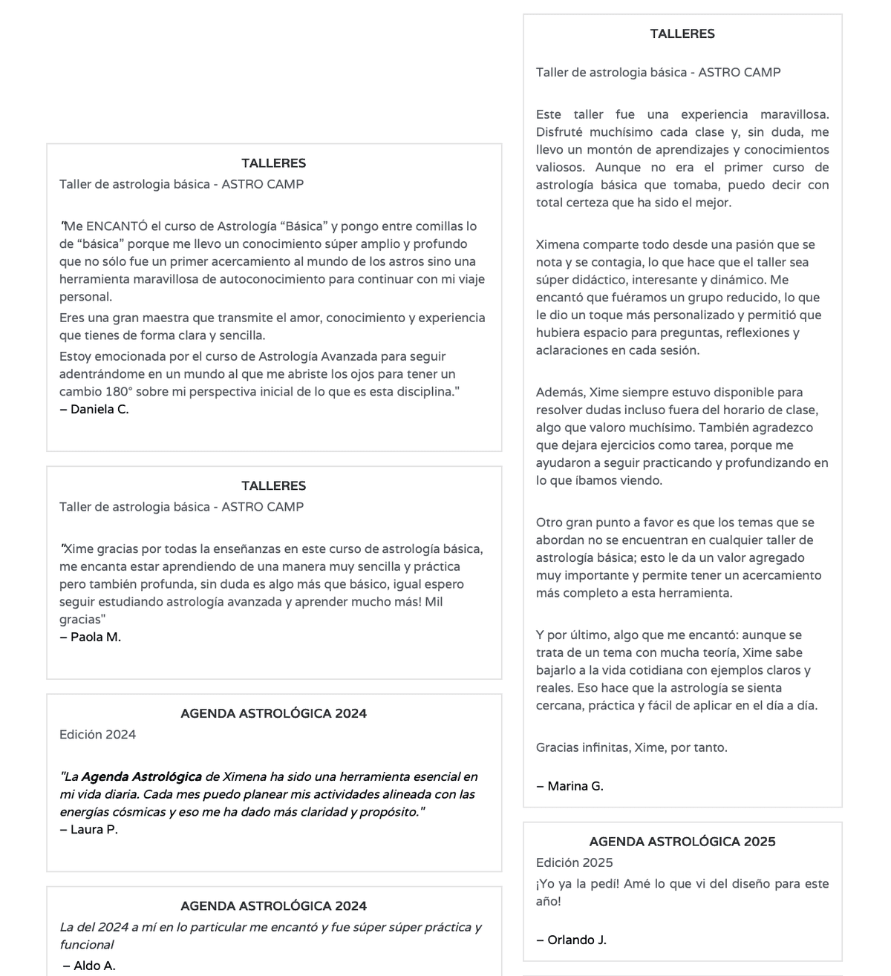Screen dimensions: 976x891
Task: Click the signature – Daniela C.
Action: point(94,409)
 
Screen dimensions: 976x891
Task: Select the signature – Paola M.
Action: point(91,637)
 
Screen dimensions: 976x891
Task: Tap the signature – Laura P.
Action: point(89,829)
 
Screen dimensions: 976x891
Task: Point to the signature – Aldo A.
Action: point(89,966)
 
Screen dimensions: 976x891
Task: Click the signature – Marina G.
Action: point(569,786)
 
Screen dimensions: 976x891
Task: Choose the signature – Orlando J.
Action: point(571,940)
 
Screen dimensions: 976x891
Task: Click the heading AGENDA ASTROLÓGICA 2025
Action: point(682,842)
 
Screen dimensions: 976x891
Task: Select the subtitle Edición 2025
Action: point(575,862)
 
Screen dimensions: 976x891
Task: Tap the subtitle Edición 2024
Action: point(98,735)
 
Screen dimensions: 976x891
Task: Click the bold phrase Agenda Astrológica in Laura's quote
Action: point(141,777)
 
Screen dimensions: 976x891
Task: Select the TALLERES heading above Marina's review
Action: point(682,33)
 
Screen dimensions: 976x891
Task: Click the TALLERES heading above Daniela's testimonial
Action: point(273,163)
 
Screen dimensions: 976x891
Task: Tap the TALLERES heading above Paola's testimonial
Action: point(273,486)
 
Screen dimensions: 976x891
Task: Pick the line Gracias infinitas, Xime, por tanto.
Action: point(632,747)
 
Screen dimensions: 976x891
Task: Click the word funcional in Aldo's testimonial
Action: point(87,945)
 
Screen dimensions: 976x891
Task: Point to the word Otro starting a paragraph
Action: point(549,523)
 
